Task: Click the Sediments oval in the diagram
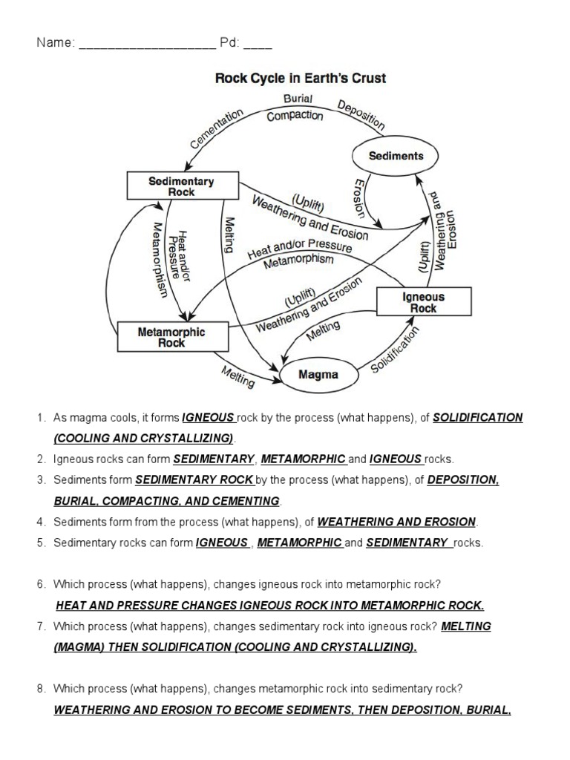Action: (x=396, y=157)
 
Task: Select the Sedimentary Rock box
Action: (x=182, y=186)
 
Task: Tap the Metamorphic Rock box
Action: (x=171, y=337)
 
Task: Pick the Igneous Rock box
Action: (x=423, y=302)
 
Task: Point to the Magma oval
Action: (x=318, y=375)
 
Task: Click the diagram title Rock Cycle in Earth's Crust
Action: (x=301, y=78)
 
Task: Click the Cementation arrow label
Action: (x=217, y=129)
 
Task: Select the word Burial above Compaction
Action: (x=298, y=99)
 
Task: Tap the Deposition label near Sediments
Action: (x=361, y=115)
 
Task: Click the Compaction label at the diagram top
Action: (x=295, y=116)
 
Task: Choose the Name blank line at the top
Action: (x=146, y=44)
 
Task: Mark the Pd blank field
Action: (x=258, y=44)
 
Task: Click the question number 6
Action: (x=42, y=584)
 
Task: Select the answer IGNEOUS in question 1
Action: (x=209, y=418)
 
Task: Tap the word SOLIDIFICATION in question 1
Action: (x=478, y=418)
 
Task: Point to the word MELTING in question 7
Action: (x=466, y=626)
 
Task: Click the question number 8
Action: (x=42, y=689)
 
